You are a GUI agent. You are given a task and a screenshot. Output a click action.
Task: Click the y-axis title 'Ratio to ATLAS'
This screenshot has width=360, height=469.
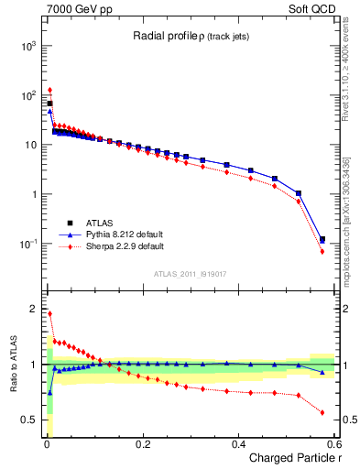click(12, 365)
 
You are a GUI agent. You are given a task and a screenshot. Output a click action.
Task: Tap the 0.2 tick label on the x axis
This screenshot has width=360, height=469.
click(143, 443)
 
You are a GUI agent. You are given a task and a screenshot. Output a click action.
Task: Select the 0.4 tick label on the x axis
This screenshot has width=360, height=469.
click(239, 443)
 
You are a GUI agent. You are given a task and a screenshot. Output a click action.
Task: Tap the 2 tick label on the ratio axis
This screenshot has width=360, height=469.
click(35, 309)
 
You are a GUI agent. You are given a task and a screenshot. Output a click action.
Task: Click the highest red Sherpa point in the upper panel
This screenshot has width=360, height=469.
click(49, 90)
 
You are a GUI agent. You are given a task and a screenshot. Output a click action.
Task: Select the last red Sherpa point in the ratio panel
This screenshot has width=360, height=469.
click(322, 412)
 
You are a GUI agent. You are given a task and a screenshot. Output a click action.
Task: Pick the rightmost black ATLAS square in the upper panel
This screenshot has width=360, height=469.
click(322, 240)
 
